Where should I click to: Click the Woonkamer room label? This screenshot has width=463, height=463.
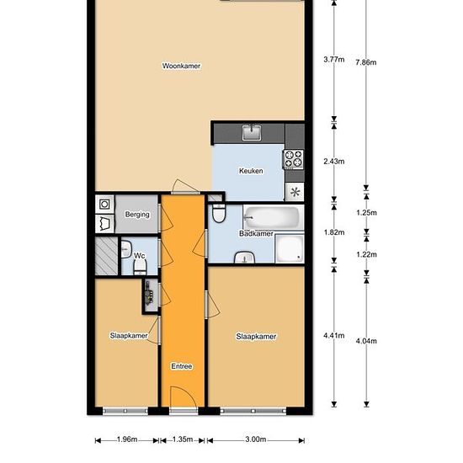tap(181, 66)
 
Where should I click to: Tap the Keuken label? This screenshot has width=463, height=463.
tap(251, 171)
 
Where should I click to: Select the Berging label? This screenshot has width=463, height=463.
tap(137, 215)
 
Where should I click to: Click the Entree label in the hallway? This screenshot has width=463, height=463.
tap(182, 366)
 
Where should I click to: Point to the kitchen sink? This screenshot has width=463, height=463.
tap(252, 132)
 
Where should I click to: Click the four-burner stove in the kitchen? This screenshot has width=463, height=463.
tap(294, 159)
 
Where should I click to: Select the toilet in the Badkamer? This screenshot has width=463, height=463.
tap(219, 213)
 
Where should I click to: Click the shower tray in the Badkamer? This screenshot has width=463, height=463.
tap(290, 248)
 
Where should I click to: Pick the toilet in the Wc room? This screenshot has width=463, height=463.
tap(140, 267)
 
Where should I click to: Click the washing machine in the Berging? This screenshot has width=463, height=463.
tap(104, 204)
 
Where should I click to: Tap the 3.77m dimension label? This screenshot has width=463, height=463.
tap(334, 60)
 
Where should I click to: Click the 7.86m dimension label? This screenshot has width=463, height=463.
tap(366, 62)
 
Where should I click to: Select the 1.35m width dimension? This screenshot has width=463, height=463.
tap(183, 439)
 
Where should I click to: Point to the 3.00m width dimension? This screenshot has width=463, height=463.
tap(256, 439)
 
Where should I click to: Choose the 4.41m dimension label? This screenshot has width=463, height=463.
tap(334, 335)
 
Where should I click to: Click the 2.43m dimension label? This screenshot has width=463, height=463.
tap(334, 162)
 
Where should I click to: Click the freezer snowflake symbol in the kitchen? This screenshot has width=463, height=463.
tap(295, 192)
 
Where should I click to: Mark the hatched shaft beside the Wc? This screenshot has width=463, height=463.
tap(106, 256)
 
